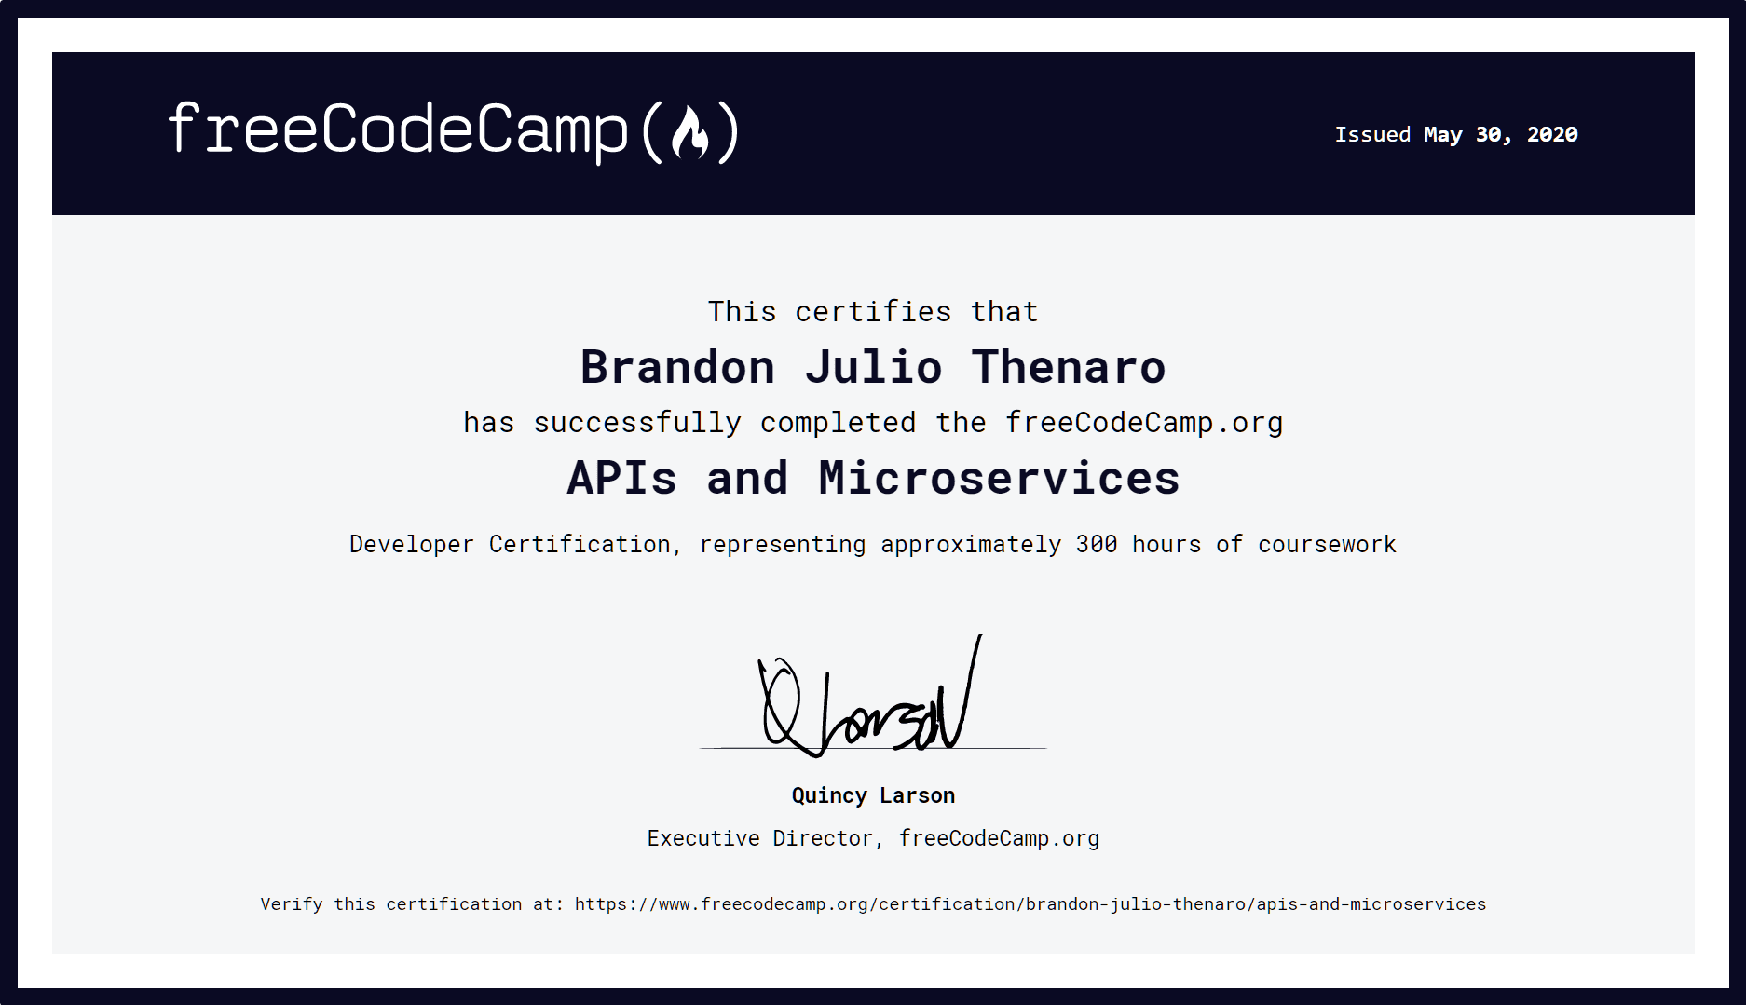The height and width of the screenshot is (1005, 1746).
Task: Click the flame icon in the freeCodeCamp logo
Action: (690, 133)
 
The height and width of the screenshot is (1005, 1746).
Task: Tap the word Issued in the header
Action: (1372, 135)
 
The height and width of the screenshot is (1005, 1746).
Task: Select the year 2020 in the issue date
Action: (1552, 135)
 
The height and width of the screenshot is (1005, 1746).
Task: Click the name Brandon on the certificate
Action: (677, 367)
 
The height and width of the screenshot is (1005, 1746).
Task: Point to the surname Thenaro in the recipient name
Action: (1069, 367)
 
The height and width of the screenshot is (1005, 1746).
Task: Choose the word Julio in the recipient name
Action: (873, 367)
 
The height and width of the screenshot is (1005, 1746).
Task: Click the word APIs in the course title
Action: (621, 479)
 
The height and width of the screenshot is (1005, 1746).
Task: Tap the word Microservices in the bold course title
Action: (999, 479)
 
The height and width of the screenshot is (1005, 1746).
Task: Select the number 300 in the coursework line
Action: (1097, 545)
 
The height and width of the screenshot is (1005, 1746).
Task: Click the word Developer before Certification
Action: (411, 545)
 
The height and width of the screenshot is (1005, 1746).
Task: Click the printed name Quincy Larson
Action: (873, 795)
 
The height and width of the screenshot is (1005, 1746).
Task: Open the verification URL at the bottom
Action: (1030, 904)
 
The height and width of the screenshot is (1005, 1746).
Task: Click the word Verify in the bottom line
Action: (291, 904)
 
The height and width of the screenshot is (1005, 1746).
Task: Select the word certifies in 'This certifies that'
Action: (873, 312)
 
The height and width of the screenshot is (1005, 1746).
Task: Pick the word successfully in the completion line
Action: (637, 423)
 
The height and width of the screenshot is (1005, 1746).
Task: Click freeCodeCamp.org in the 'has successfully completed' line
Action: (1144, 423)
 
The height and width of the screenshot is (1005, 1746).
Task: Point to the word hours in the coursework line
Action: (1166, 545)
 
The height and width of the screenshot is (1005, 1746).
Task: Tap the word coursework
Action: (1327, 545)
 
